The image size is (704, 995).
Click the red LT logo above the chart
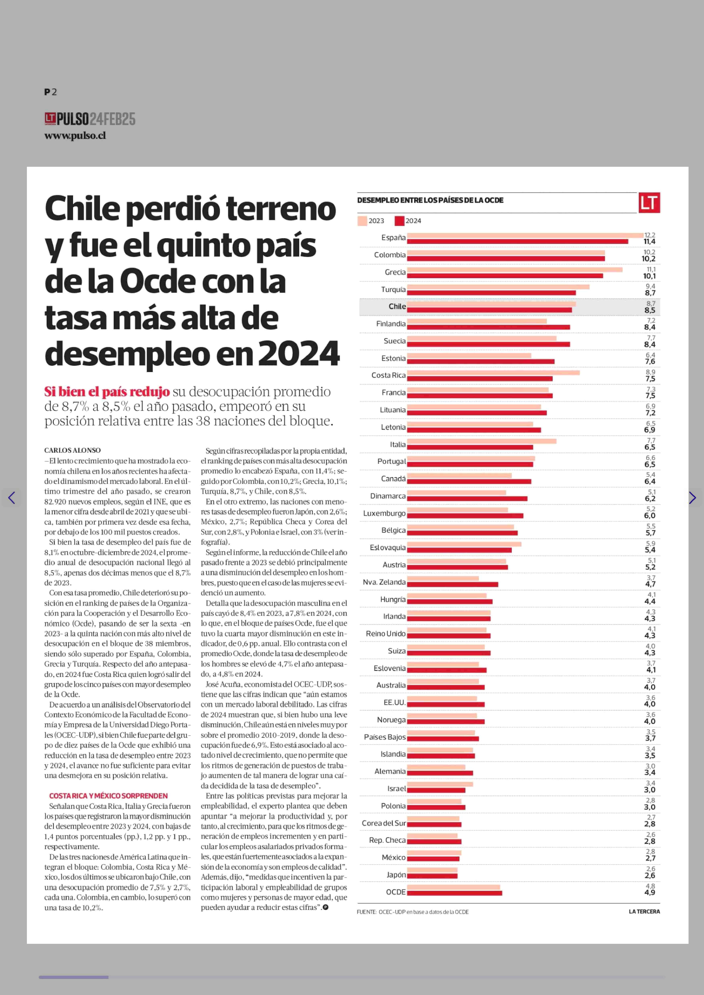[649, 202]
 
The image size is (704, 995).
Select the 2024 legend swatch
[399, 221]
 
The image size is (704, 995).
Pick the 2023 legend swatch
[362, 221]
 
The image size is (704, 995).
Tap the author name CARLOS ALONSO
[72, 451]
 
